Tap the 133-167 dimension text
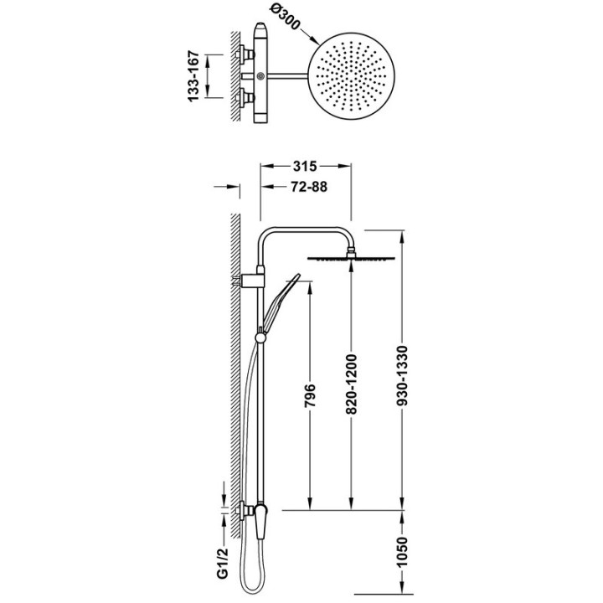pyautogui.click(x=194, y=76)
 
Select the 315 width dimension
pyautogui.click(x=305, y=166)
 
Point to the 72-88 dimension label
pyautogui.click(x=309, y=187)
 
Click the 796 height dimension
pyautogui.click(x=310, y=395)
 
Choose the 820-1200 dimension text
pyautogui.click(x=352, y=384)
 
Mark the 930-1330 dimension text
pyautogui.click(x=402, y=376)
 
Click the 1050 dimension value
pyautogui.click(x=402, y=552)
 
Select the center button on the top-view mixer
pyautogui.click(x=260, y=75)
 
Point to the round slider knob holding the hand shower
pyautogui.click(x=260, y=338)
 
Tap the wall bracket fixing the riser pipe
pyautogui.click(x=251, y=281)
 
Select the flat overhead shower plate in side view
pyautogui.click(x=351, y=259)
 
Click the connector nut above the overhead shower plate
pyautogui.click(x=352, y=252)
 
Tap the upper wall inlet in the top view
pyautogui.click(x=245, y=54)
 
